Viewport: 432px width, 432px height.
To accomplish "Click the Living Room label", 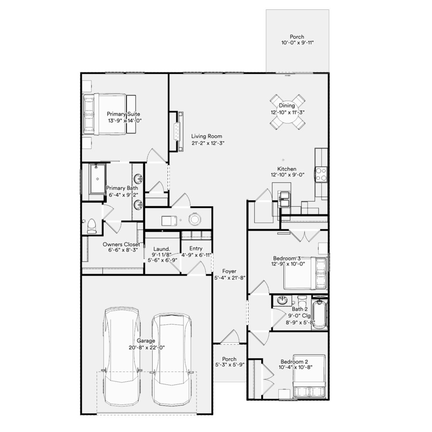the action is pos(207,136).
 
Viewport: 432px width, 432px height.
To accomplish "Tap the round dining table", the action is pos(287,112).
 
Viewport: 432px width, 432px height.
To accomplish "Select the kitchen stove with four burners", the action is pos(321,174).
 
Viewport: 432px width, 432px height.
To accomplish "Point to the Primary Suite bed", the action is pos(109,114).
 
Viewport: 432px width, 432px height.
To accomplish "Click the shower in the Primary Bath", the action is pos(97,179).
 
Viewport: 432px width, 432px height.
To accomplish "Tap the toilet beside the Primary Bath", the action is pos(92,226).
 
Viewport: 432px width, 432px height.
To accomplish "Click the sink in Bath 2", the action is pos(282,300).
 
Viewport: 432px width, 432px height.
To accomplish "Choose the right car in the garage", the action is pos(172,359).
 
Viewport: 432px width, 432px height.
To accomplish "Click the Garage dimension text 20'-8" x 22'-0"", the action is pos(146,348).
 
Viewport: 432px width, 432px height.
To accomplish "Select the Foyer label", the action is pos(229,271).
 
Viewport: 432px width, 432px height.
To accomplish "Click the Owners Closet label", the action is pos(121,244).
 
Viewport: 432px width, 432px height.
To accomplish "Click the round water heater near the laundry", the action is pos(194,219).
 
